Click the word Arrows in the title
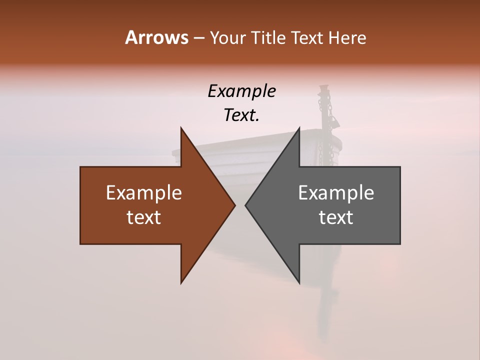pos(156,38)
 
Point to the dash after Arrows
pos(198,38)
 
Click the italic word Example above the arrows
pos(241,91)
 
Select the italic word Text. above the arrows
pos(241,115)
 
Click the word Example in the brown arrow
pos(143,193)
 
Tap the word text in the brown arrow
pos(143,217)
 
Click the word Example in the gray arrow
pos(336,193)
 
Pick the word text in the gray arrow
pos(336,217)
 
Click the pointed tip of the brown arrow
pos(235,205)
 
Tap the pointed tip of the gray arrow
pos(245,205)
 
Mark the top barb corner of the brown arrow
pos(181,128)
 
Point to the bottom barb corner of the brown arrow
pos(181,283)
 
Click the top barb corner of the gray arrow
pos(299,128)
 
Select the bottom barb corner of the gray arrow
pos(299,283)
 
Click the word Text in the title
pos(308,38)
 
